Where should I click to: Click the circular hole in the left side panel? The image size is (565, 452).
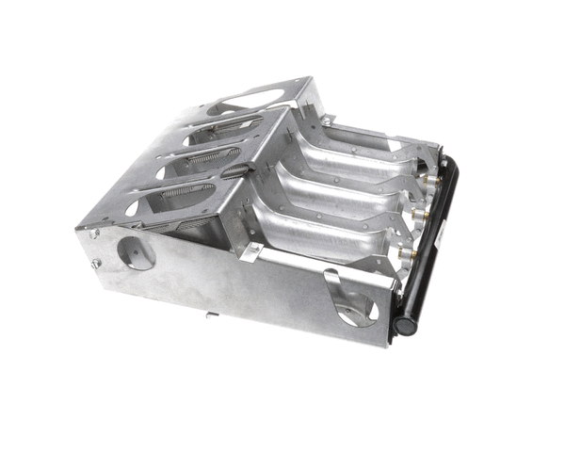[x=137, y=252]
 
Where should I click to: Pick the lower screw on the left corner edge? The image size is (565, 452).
[x=95, y=264]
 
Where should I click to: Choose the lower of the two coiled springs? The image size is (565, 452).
[x=188, y=194]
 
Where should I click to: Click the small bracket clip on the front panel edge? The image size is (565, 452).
[x=249, y=251]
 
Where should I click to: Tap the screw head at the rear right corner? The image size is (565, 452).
[x=326, y=121]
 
